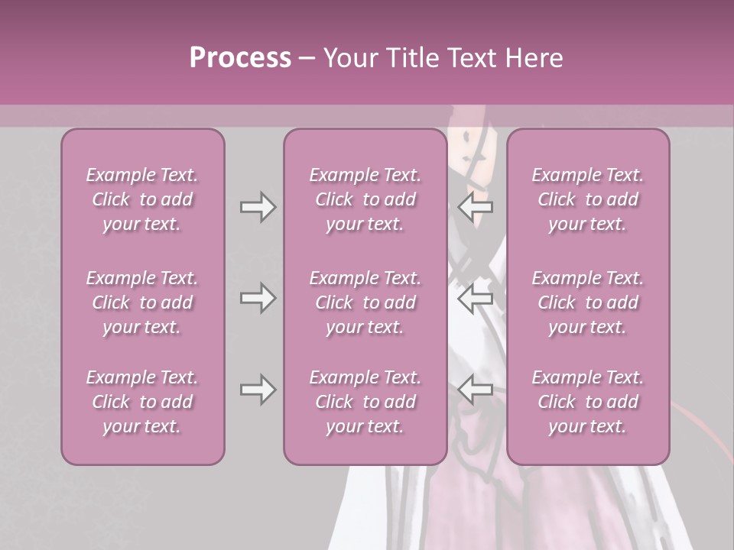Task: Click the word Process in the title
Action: coord(240,58)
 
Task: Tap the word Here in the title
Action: coord(534,58)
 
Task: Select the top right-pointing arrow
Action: coord(258,207)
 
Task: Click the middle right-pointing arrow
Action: coord(258,298)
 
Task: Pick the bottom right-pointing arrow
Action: coord(258,390)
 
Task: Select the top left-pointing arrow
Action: coord(476,207)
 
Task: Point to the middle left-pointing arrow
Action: coord(476,298)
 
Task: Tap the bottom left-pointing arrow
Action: coord(476,390)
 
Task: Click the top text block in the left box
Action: coord(142,199)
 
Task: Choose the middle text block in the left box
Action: coord(142,302)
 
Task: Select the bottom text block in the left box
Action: coord(142,402)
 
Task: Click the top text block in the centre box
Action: coord(365,199)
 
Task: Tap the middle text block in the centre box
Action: coord(365,302)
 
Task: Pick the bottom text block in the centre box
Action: coord(365,402)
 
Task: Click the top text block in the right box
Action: coord(587,199)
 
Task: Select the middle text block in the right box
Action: coord(587,302)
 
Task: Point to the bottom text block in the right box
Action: coord(587,402)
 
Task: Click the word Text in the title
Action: coord(474,58)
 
